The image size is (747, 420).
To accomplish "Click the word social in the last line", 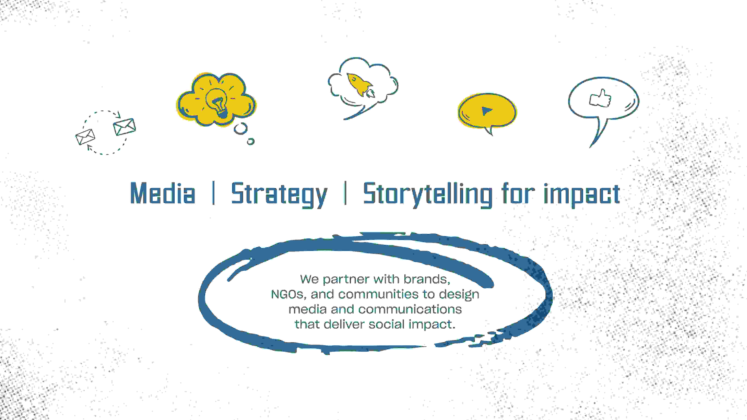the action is pyautogui.click(x=386, y=324).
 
